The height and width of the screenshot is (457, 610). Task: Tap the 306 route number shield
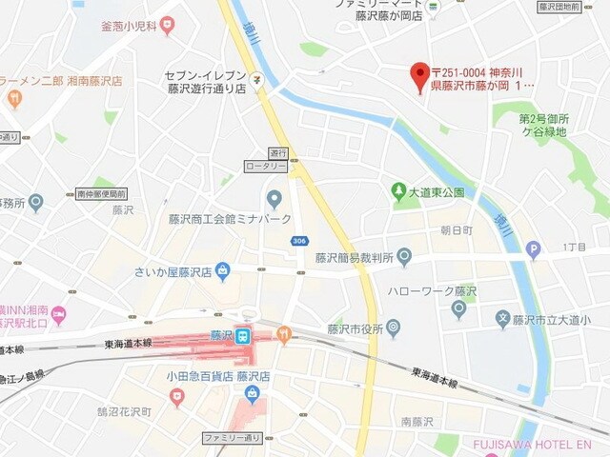[300, 241]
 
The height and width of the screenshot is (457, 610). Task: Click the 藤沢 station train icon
[243, 335]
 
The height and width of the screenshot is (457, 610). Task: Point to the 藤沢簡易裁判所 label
[355, 257]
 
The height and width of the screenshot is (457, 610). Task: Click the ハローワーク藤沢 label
[432, 290]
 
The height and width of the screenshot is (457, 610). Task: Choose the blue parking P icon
[533, 250]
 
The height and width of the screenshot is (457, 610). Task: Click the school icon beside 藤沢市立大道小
[502, 319]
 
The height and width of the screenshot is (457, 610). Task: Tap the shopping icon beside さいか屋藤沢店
[222, 271]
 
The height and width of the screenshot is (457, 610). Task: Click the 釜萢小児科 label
[130, 26]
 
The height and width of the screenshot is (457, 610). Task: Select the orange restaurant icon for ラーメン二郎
[14, 97]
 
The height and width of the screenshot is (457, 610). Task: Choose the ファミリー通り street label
[232, 437]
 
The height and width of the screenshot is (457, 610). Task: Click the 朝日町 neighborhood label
[456, 230]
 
